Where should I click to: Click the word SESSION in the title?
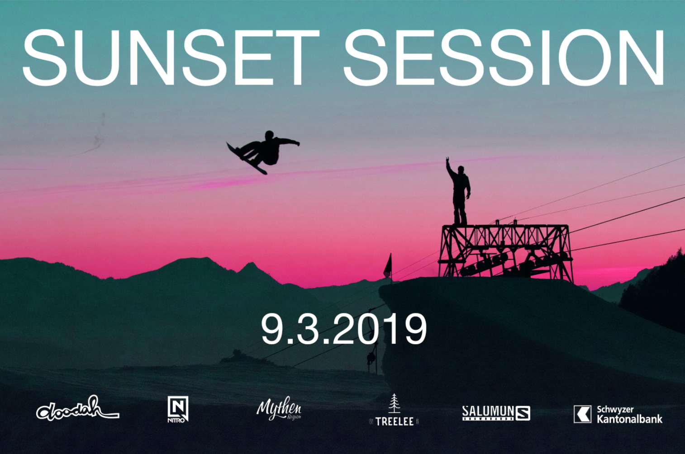pos(504,57)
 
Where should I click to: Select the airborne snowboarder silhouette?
pos(263,152)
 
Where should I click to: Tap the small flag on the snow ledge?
pos(388,266)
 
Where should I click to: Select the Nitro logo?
pos(178,409)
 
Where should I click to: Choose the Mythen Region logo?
pos(279,409)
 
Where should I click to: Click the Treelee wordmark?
pos(394,421)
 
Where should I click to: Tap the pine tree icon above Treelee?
pos(394,403)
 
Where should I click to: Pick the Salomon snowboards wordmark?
pos(488,413)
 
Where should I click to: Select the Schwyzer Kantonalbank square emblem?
pos(582,414)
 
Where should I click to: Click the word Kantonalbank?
pos(630,419)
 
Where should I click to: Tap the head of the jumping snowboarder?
pos(269,135)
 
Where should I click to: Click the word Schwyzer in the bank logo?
pos(615,410)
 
